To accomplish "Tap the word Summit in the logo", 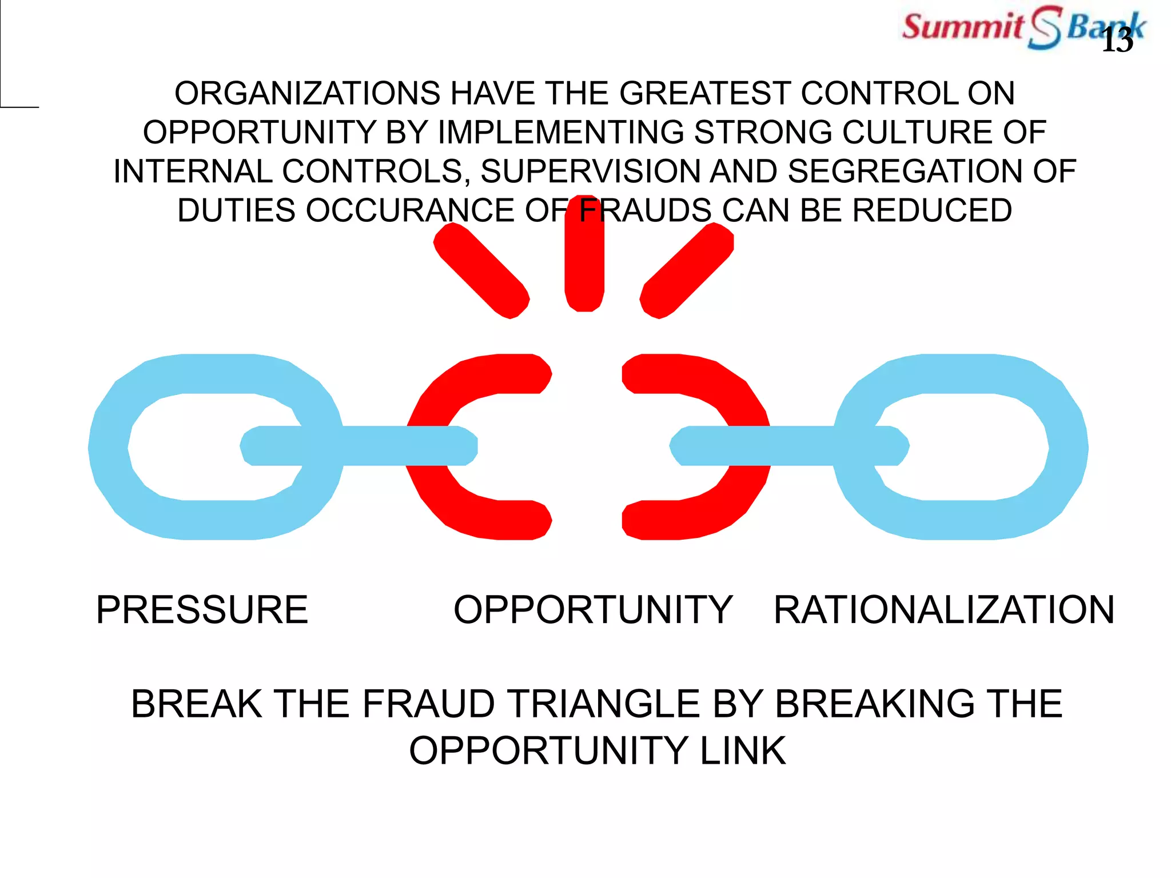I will pyautogui.click(x=963, y=26).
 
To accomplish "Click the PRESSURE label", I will pyautogui.click(x=202, y=609).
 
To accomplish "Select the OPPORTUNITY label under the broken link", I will pyautogui.click(x=593, y=609).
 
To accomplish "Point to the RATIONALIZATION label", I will pyautogui.click(x=944, y=609).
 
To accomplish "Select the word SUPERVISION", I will pyautogui.click(x=590, y=171).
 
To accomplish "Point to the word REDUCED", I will pyautogui.click(x=932, y=210).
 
